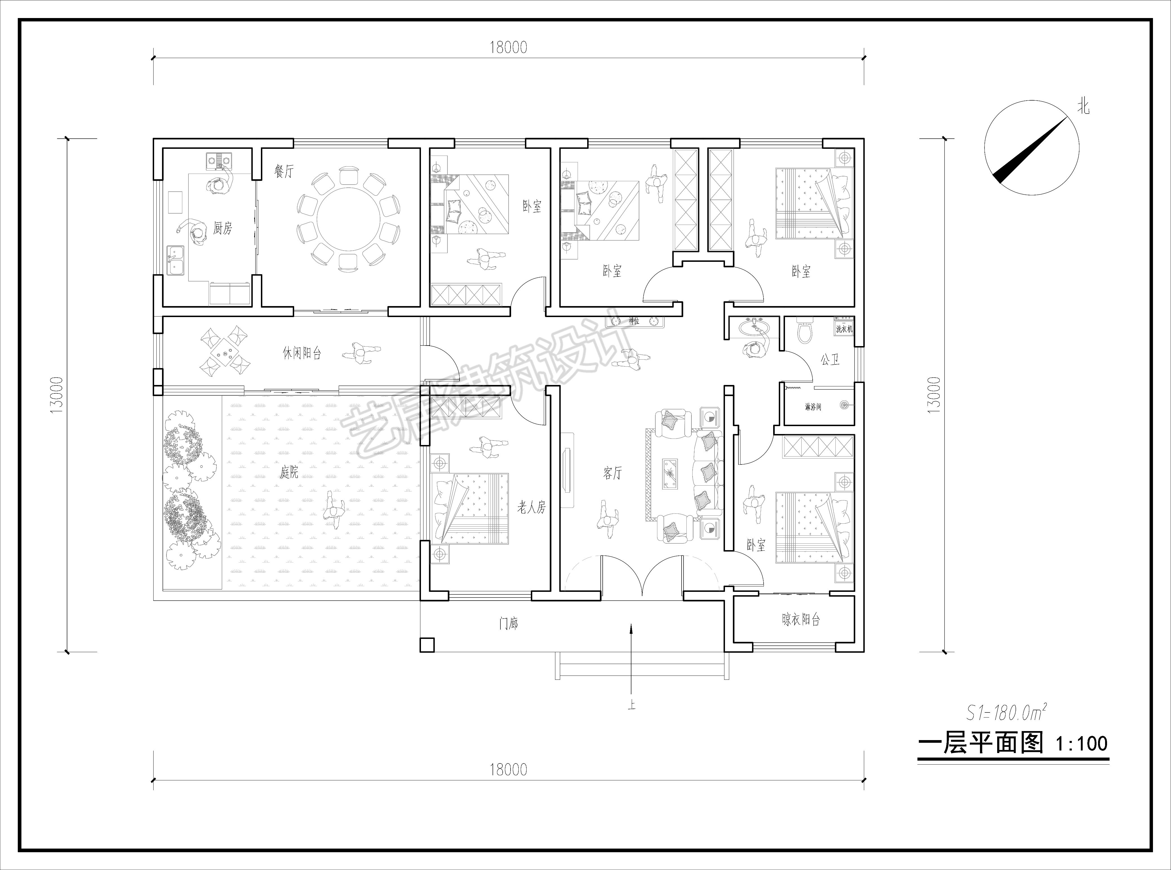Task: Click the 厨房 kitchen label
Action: point(222,228)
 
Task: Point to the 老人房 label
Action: point(531,508)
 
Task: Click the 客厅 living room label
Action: point(612,473)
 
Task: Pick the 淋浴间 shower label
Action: point(812,407)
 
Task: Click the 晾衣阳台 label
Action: point(801,620)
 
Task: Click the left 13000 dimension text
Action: point(57,395)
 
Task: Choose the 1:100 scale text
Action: point(1081,744)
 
